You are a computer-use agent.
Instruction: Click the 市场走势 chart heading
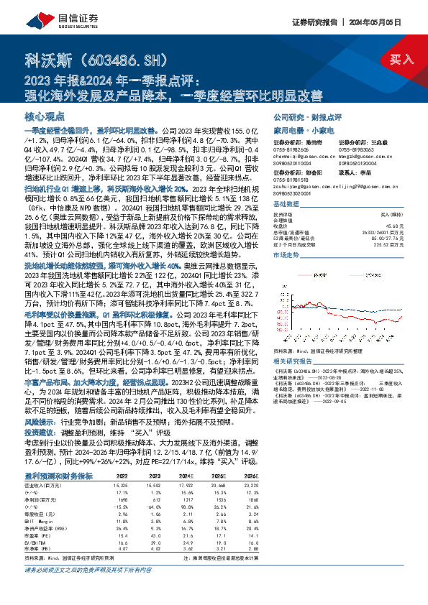coord(286,254)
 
